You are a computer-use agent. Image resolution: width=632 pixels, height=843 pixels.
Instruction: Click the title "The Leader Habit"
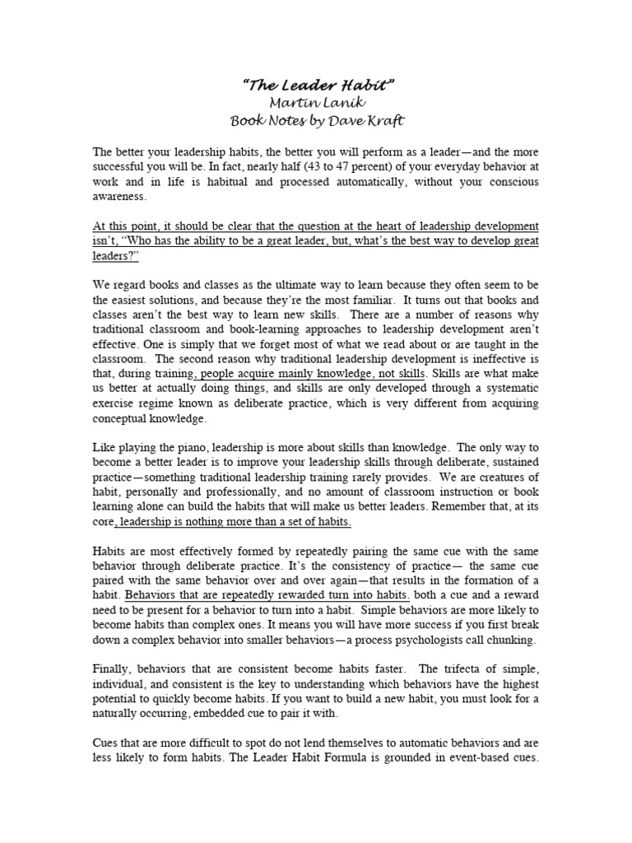pyautogui.click(x=315, y=84)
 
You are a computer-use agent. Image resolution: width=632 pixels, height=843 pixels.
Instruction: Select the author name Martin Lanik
pyautogui.click(x=315, y=101)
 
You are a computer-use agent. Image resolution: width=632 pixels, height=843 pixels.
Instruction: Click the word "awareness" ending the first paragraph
pyautogui.click(x=120, y=198)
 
